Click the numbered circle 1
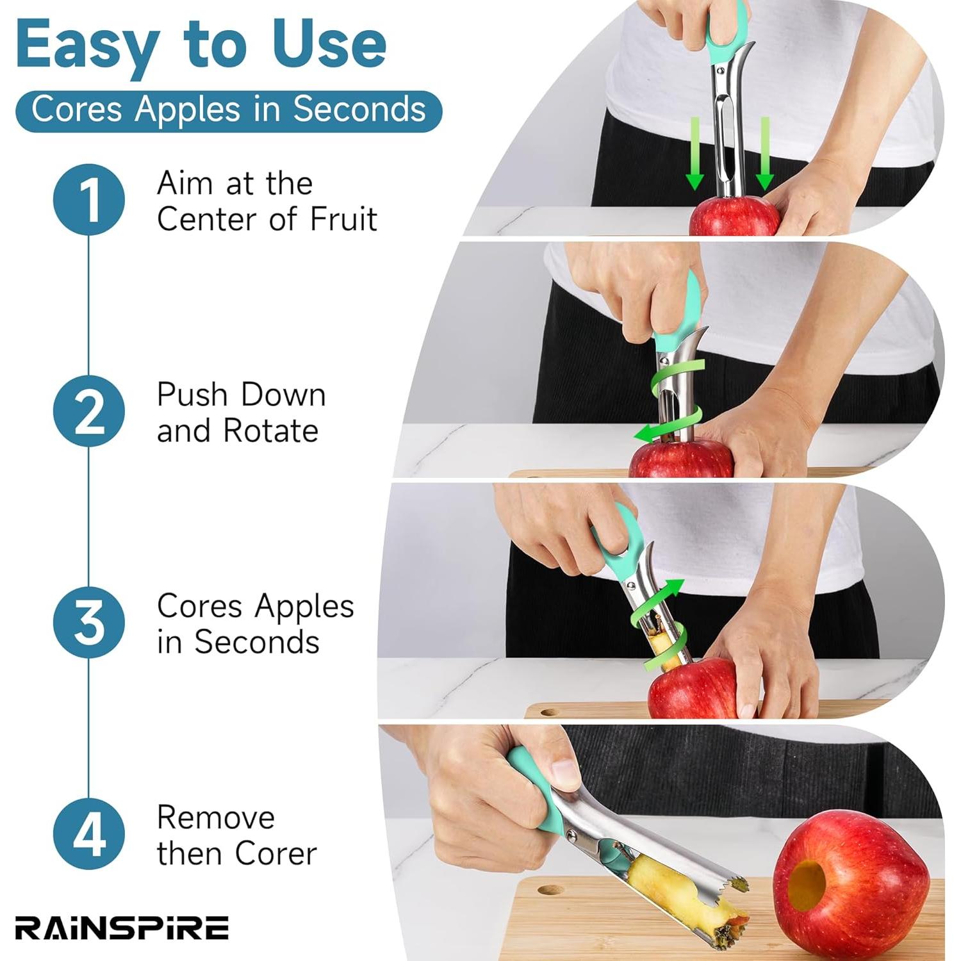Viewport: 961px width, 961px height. tap(89, 199)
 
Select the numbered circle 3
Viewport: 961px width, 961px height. tap(89, 623)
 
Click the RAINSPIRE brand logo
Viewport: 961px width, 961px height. tap(122, 928)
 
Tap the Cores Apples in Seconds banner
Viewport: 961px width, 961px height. tap(228, 110)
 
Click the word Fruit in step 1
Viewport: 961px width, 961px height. tap(343, 220)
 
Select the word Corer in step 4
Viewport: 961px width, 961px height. tap(275, 854)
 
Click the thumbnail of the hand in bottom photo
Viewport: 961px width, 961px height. tap(564, 772)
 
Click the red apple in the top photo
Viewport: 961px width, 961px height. tap(734, 218)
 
